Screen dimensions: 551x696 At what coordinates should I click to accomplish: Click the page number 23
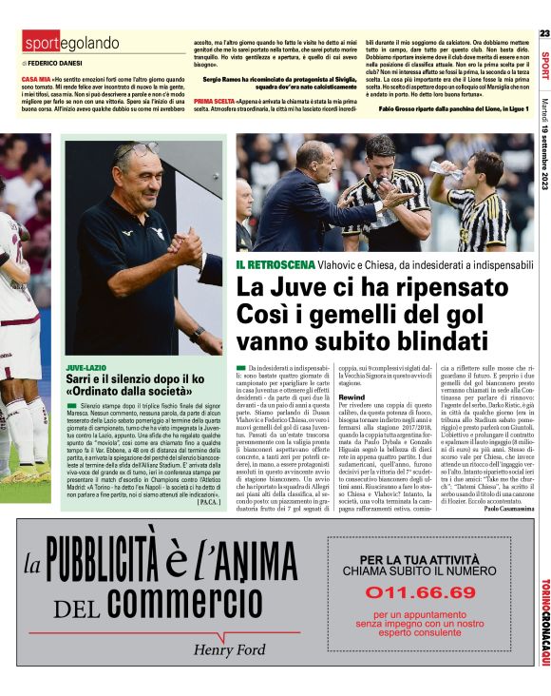click(543, 33)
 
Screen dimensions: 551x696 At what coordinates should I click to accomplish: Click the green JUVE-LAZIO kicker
click(86, 366)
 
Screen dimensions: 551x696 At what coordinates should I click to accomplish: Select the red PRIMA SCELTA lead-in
click(216, 100)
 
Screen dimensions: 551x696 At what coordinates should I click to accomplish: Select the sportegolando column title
click(71, 43)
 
